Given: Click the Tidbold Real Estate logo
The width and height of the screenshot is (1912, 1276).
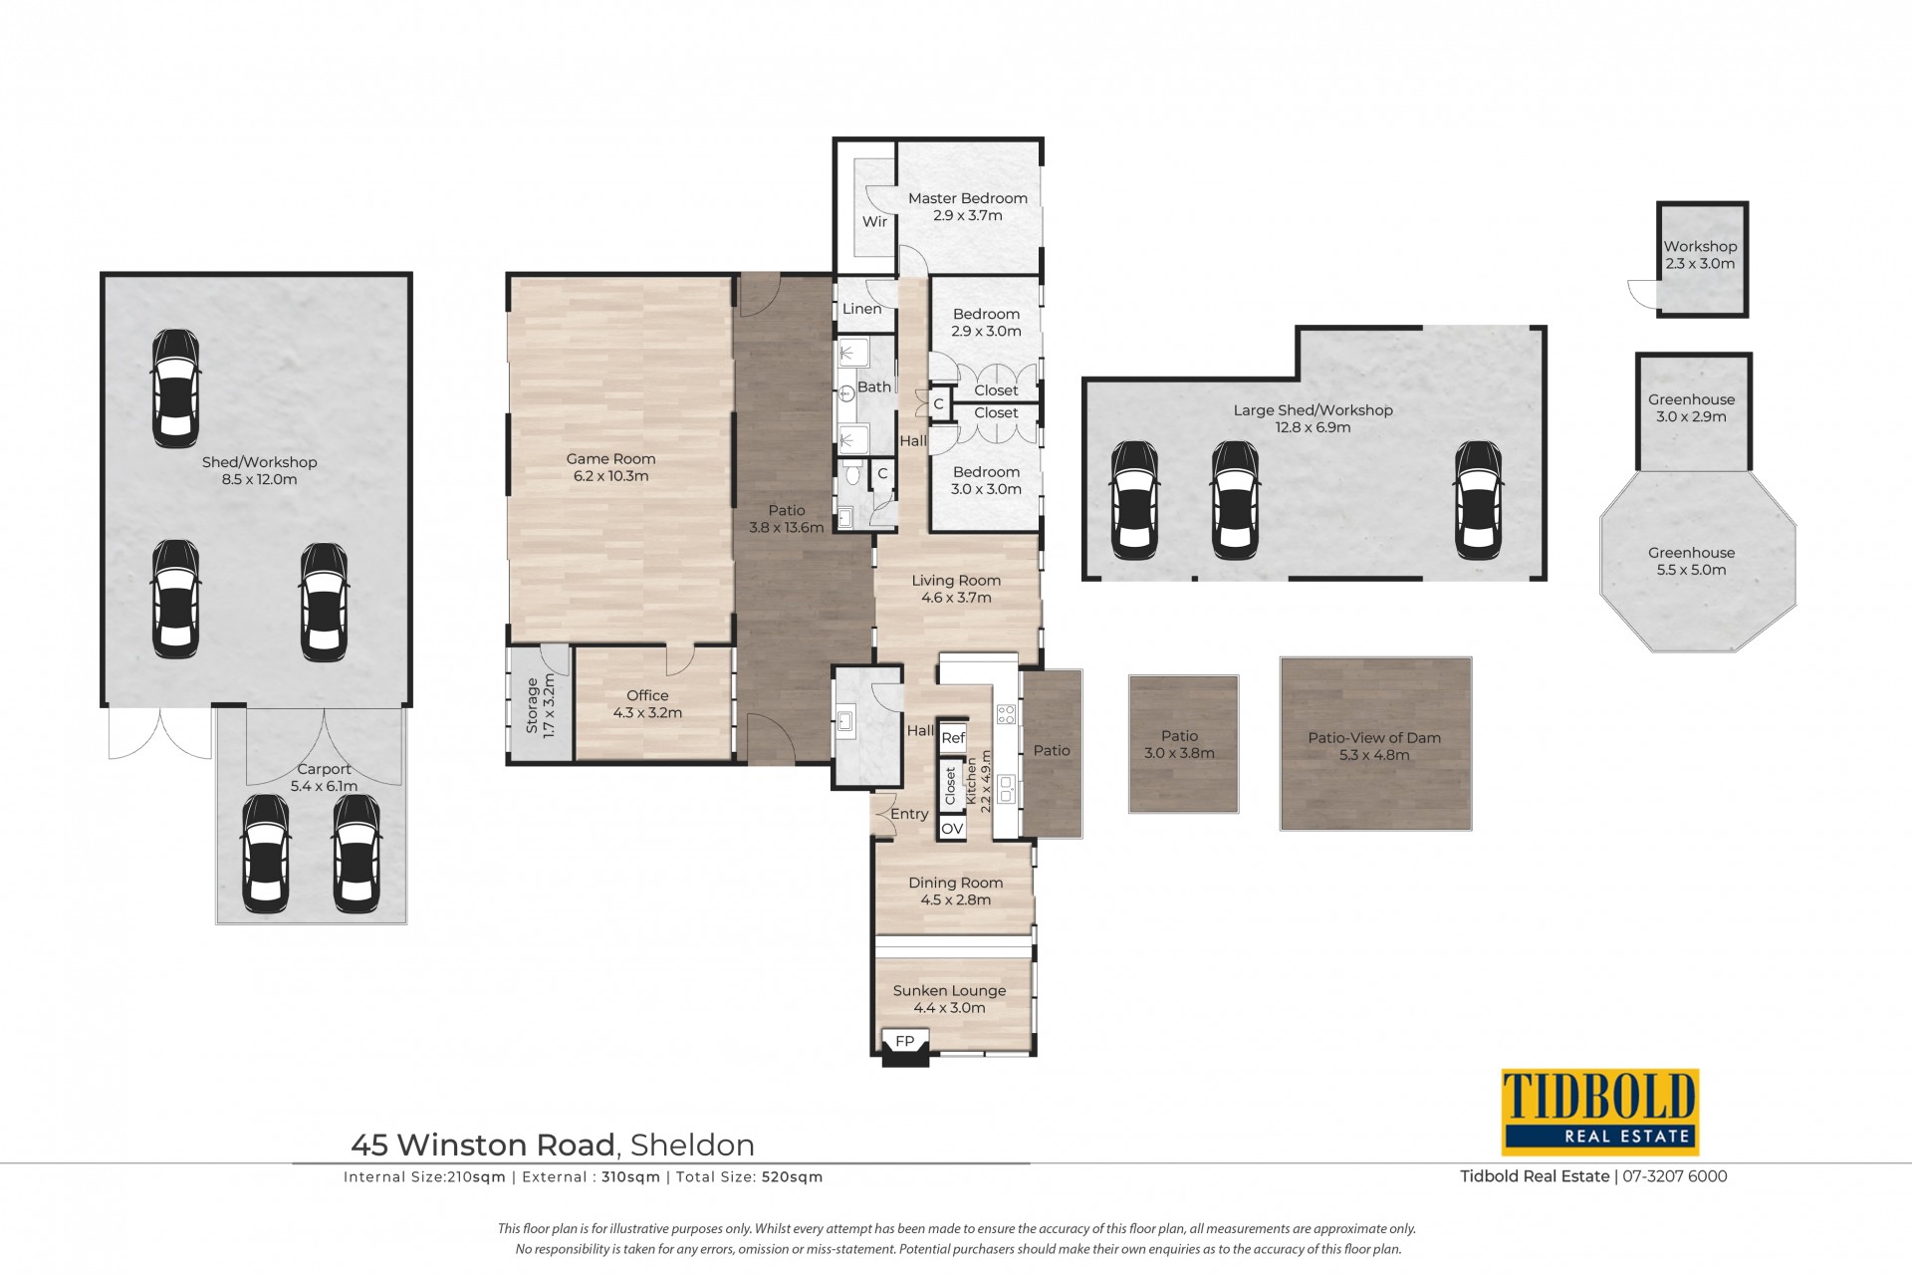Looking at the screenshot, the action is pyautogui.click(x=1599, y=1112).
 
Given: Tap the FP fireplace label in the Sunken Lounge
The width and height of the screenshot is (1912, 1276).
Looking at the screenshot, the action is pyautogui.click(x=904, y=1041).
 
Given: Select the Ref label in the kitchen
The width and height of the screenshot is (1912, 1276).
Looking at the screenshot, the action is pyautogui.click(x=953, y=738).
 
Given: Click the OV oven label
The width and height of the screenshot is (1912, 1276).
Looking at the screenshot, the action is pyautogui.click(x=952, y=829).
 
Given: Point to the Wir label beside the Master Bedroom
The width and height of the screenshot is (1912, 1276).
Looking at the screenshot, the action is pyautogui.click(x=874, y=221).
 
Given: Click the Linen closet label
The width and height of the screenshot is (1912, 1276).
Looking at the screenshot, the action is pyautogui.click(x=861, y=309).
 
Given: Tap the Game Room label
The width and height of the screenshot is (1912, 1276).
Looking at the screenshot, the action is pyautogui.click(x=610, y=467).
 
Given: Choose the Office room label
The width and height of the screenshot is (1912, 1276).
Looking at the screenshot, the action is pyautogui.click(x=647, y=704).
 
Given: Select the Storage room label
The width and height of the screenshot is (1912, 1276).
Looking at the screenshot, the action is pyautogui.click(x=540, y=705).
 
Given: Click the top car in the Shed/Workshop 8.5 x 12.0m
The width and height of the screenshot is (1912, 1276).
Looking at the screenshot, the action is pyautogui.click(x=175, y=388).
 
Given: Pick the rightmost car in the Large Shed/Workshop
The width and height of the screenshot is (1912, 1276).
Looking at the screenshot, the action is pyautogui.click(x=1479, y=501).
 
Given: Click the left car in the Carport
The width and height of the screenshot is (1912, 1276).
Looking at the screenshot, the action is pyautogui.click(x=266, y=854).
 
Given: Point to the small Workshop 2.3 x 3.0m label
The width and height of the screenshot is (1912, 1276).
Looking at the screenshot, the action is pyautogui.click(x=1700, y=255).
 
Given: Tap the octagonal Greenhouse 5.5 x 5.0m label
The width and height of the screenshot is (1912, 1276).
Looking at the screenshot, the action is pyautogui.click(x=1691, y=561).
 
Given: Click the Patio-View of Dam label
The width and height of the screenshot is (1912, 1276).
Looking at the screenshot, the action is pyautogui.click(x=1374, y=746).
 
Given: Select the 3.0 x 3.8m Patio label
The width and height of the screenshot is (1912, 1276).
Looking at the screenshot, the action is pyautogui.click(x=1179, y=744).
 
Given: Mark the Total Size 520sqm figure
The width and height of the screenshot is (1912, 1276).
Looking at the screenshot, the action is pyautogui.click(x=792, y=1177).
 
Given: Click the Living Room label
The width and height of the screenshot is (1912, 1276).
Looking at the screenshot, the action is pyautogui.click(x=956, y=589).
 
